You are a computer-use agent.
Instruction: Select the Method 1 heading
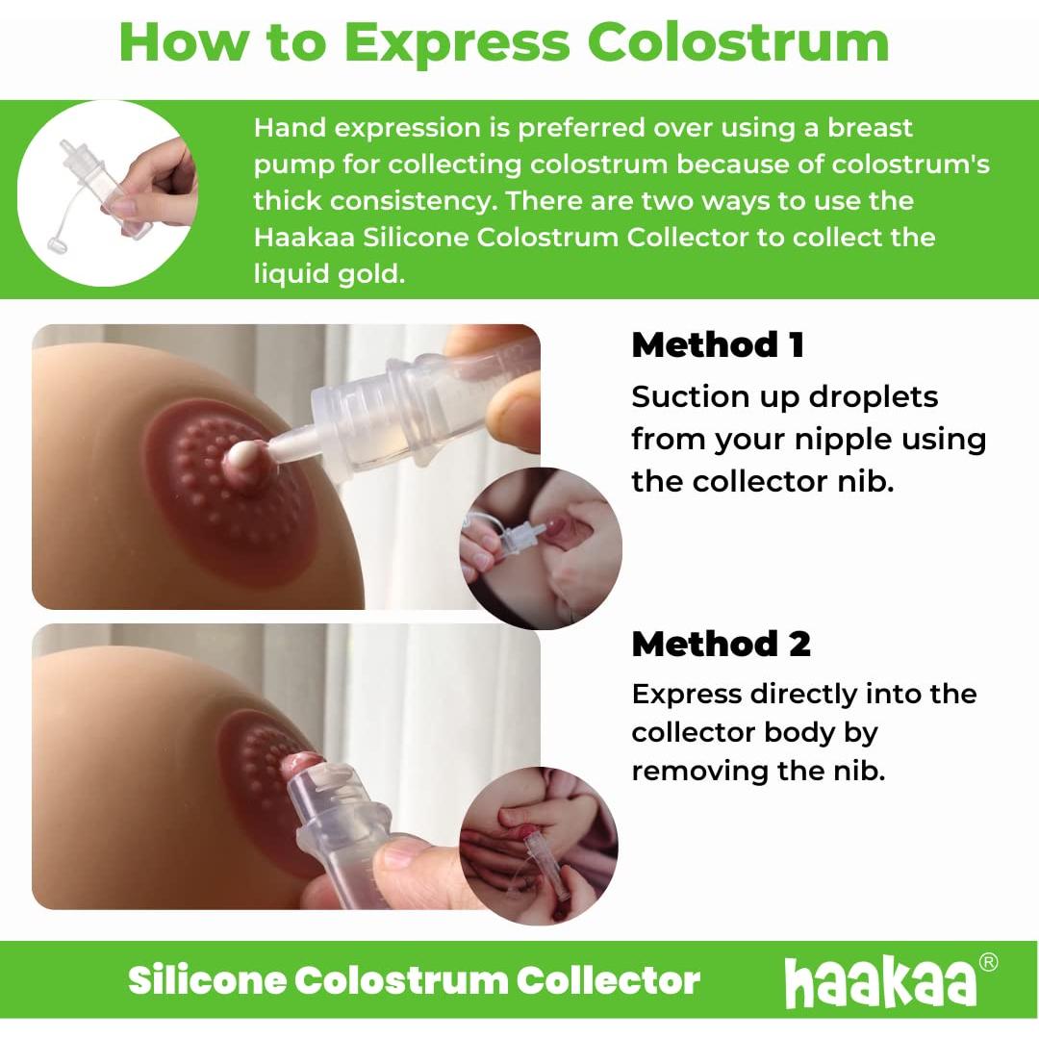tap(718, 345)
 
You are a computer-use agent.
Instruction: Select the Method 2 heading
tap(721, 644)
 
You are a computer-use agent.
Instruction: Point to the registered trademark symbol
tap(987, 962)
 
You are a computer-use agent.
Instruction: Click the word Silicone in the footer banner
tap(207, 980)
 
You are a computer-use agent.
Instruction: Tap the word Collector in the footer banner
tap(608, 980)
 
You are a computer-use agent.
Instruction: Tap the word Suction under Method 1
tap(692, 396)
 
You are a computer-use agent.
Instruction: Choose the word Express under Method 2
tap(687, 694)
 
